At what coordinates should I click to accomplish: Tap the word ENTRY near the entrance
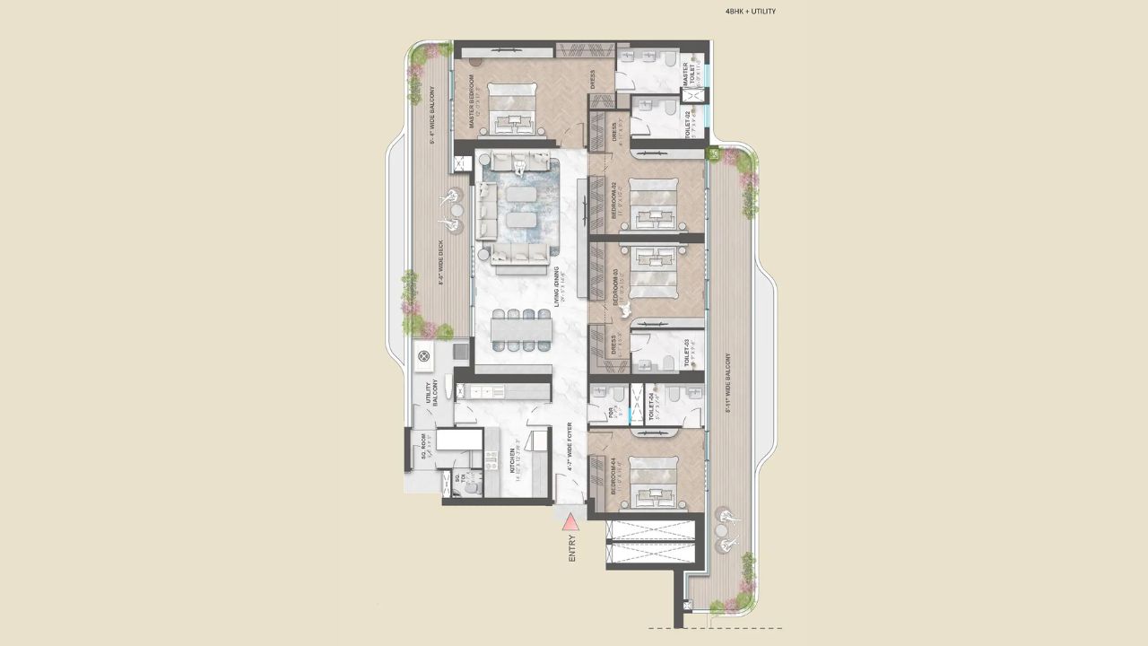[572, 547]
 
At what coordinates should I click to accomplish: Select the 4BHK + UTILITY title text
[750, 12]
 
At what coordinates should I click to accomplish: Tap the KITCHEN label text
[513, 466]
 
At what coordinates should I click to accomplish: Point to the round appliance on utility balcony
[425, 356]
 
